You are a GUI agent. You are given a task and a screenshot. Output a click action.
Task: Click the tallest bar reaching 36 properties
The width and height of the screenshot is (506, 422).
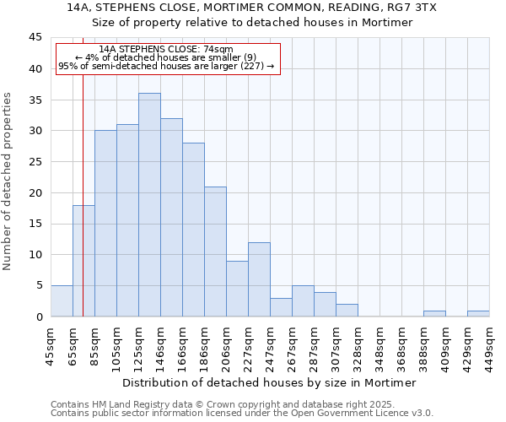pos(149,205)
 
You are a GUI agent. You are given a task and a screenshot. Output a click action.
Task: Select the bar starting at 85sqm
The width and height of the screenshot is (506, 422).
pos(105,224)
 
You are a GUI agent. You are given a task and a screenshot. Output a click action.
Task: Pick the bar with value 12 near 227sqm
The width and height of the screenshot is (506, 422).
pos(259,279)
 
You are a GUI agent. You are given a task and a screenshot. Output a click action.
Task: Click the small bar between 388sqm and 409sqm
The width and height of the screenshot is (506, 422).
pos(434,313)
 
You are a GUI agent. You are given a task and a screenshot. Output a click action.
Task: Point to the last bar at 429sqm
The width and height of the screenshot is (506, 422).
pos(478,313)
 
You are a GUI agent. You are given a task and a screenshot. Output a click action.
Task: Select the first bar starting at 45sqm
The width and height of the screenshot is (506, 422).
pos(62,301)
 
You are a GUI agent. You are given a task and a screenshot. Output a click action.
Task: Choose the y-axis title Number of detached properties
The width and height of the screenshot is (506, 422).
pos(8,181)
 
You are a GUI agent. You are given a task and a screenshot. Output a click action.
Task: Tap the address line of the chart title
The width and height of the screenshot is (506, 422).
pos(251,8)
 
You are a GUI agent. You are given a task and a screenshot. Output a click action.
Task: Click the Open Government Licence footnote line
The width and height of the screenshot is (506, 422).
pos(242,413)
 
